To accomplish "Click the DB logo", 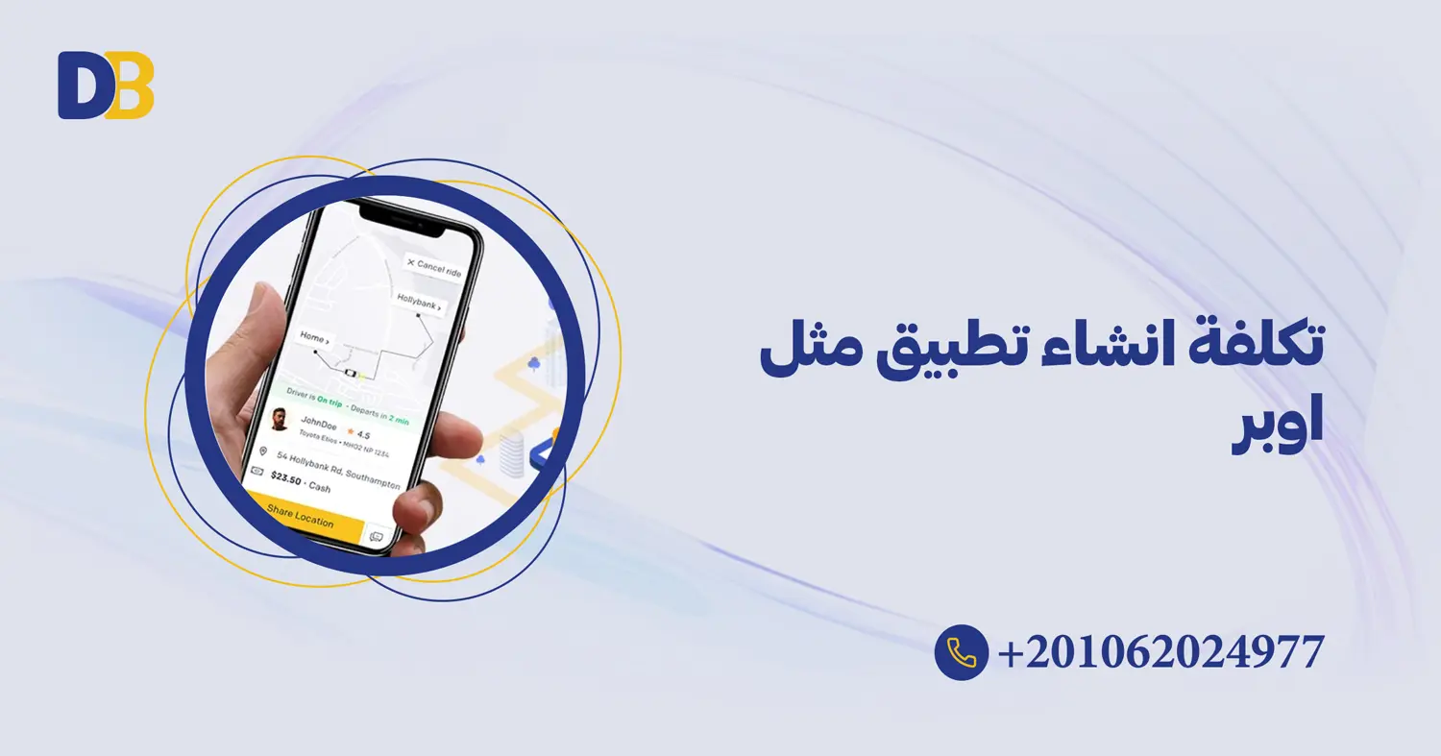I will click(106, 85).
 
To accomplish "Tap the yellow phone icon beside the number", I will click(961, 652).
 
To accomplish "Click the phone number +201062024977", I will click(1161, 652).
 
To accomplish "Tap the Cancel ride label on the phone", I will click(434, 266).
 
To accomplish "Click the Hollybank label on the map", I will click(420, 306).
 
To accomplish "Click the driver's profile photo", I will click(279, 420).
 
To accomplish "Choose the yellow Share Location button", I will click(301, 516).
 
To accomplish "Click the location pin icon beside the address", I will click(263, 451).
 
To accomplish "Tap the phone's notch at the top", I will click(403, 220).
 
